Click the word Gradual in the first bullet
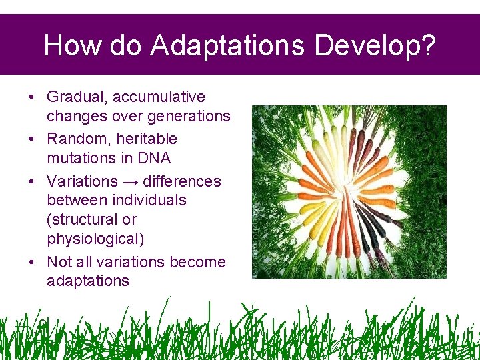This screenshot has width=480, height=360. coord(76,97)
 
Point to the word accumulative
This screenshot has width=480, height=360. coord(159,97)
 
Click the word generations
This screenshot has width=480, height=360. coord(190,116)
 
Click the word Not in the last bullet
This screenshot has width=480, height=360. coord(59,262)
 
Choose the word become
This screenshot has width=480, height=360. coord(197,262)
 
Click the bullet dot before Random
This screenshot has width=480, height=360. coord(33,139)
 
